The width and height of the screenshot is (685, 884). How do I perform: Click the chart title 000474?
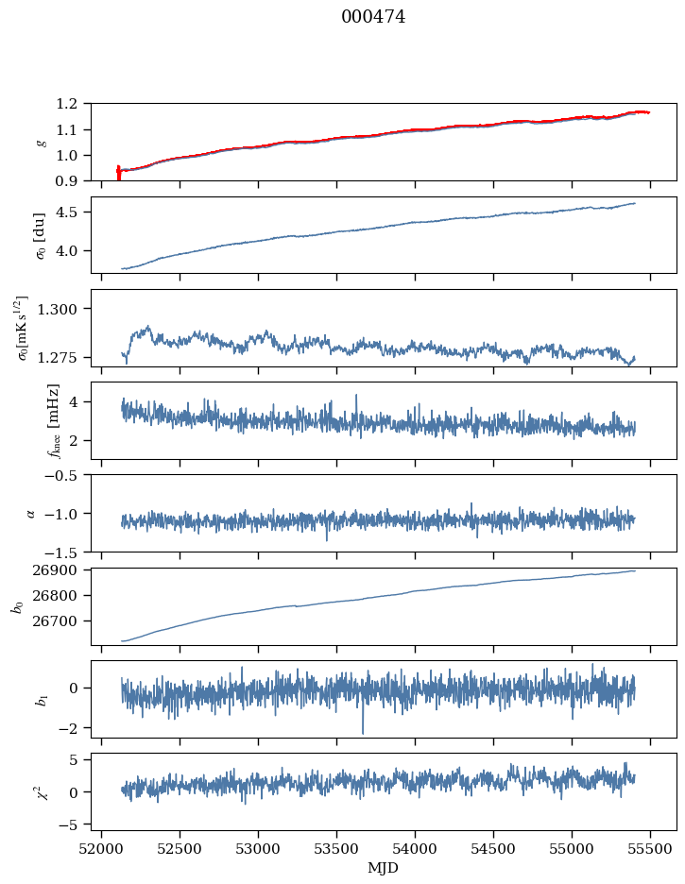point(373,17)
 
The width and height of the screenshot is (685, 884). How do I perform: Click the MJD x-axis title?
point(384,867)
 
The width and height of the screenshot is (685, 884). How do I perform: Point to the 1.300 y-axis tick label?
point(65,309)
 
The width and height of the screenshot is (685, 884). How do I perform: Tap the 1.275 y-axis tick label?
point(65,358)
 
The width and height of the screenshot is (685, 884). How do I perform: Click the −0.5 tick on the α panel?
point(65,475)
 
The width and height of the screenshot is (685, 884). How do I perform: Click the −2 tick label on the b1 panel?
point(73,728)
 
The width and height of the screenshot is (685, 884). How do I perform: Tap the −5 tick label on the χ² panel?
point(73,824)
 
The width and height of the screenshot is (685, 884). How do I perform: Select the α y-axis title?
point(31,513)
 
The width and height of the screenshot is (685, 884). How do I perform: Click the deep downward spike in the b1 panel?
point(362,732)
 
